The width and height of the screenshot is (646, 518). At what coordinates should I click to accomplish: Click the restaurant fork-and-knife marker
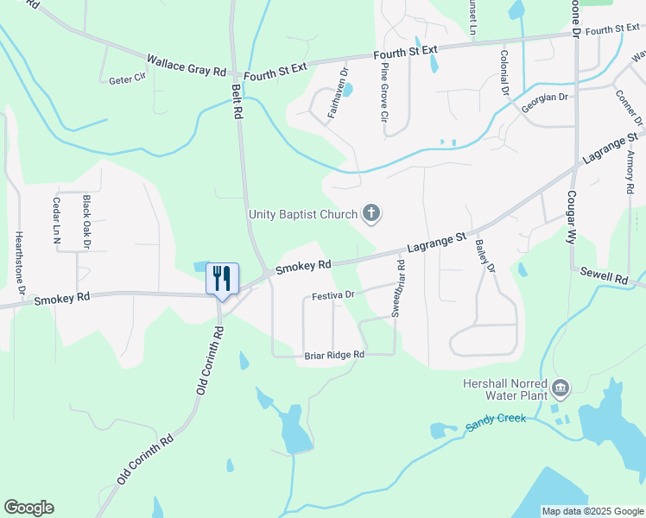point(222,279)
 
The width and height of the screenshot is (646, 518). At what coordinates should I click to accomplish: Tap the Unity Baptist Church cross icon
point(371,212)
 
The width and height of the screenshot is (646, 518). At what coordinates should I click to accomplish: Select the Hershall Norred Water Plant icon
point(560,389)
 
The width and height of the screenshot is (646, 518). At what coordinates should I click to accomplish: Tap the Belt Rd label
point(236,98)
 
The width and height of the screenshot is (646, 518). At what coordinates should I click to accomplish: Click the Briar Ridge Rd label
point(334,355)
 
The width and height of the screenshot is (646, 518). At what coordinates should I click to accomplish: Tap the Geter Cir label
point(126,79)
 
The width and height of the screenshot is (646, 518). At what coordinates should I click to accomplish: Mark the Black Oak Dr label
point(86,221)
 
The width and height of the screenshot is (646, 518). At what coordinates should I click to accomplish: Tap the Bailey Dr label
point(484,256)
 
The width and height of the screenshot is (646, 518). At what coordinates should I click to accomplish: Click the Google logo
point(28,508)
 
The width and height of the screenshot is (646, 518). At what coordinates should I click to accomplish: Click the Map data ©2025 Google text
point(592,511)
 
